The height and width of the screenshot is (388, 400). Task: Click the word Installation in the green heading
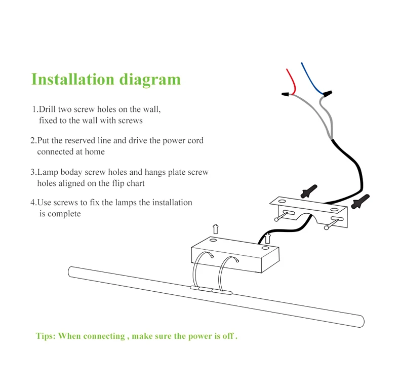73,80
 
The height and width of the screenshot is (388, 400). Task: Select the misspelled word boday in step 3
92,172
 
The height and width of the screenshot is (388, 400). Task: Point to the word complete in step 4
64,214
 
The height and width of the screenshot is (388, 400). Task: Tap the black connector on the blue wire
327,94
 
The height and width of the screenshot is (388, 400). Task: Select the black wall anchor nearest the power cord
308,191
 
